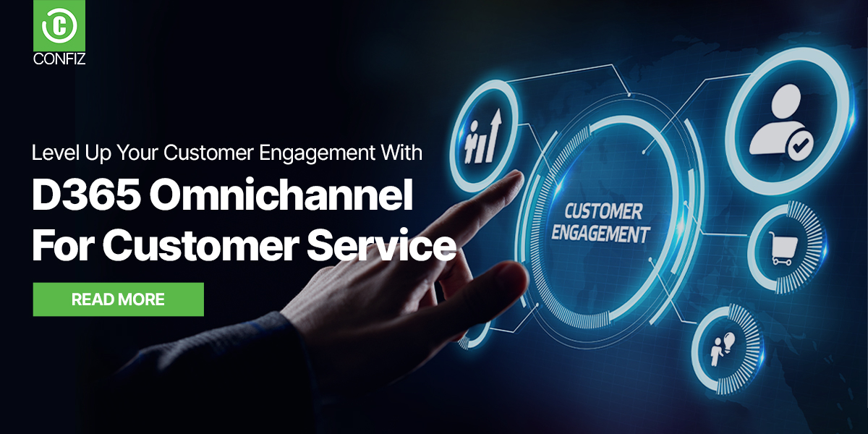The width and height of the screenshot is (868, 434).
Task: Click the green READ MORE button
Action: coord(118,299)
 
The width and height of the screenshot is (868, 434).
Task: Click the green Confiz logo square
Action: coord(59,27)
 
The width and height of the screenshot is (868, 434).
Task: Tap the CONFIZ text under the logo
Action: coord(59,60)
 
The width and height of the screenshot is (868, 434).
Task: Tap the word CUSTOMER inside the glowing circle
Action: coord(602,211)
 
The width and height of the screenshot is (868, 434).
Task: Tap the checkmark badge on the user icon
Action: coord(799,148)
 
